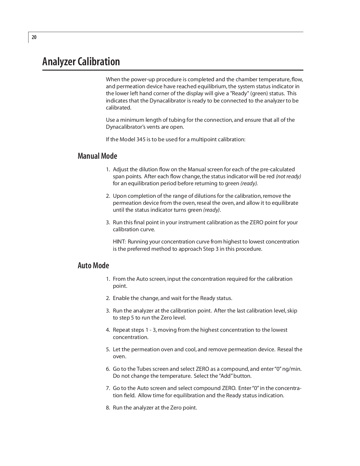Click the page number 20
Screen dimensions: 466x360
point(34,37)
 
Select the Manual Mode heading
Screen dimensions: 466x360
point(97,156)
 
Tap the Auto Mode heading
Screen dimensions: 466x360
point(93,266)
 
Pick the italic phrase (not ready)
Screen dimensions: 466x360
point(288,176)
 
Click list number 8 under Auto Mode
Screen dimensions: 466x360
point(108,408)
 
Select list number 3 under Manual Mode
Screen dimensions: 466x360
point(108,223)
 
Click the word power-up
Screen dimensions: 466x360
point(140,80)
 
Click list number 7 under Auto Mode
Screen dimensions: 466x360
point(108,388)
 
